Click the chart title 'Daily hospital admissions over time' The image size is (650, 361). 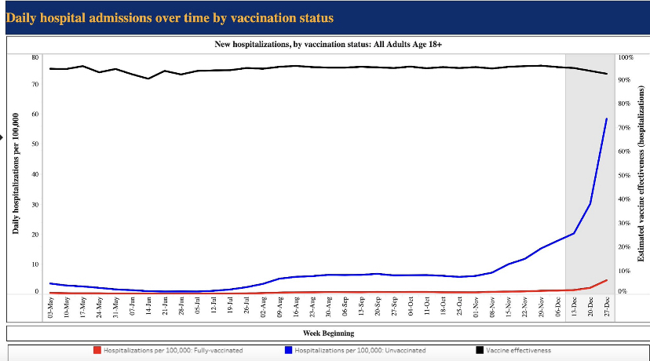[170, 16]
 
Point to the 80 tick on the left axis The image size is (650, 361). [35, 57]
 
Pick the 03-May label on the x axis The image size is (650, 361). [50, 308]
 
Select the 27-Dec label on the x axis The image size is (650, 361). [607, 308]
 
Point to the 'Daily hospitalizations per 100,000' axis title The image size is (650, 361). [16, 173]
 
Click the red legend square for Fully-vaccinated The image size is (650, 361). [97, 350]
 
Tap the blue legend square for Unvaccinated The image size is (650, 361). [290, 350]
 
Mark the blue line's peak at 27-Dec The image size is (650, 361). [607, 119]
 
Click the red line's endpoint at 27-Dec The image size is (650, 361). [607, 280]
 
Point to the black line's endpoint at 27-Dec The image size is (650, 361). [607, 74]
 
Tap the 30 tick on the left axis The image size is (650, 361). [35, 205]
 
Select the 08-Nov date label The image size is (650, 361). [492, 308]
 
